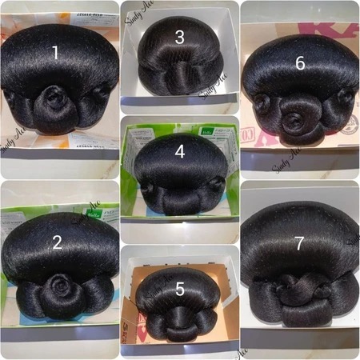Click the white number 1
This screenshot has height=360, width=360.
point(55,53)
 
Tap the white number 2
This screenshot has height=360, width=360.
point(58,242)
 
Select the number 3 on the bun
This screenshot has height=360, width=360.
point(179,37)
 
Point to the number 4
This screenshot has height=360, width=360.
point(179,150)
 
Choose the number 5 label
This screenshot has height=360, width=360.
point(179,290)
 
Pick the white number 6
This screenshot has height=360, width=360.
point(300,62)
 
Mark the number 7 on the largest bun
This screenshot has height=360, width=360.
point(299,244)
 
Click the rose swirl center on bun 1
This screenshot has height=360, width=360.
point(56,99)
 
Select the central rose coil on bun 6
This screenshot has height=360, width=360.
point(294,122)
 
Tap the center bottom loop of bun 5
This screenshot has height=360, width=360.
point(180,325)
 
